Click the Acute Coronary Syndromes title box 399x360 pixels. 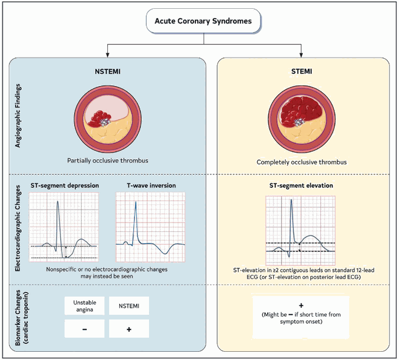[x=204, y=21]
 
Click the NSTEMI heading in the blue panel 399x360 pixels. [x=107, y=72]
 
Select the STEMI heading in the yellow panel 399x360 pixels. [x=302, y=72]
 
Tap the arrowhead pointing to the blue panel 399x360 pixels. [x=107, y=55]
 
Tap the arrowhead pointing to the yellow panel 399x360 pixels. [x=301, y=55]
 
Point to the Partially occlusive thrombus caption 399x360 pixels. [x=107, y=161]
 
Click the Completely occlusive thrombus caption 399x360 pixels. [x=302, y=162]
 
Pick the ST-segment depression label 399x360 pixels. [x=65, y=186]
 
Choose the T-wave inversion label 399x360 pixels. [x=151, y=186]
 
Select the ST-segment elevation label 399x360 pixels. [x=301, y=186]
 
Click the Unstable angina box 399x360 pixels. [x=84, y=306]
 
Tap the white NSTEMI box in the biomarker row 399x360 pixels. [x=129, y=306]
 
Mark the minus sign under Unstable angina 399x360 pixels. [x=84, y=329]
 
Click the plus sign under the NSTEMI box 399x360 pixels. [x=129, y=329]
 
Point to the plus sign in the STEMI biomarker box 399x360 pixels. [x=301, y=305]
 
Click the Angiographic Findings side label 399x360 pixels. [x=18, y=116]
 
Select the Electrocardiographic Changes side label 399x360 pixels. [x=18, y=228]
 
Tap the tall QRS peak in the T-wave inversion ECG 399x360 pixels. [x=136, y=203]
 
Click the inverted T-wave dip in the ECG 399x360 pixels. [x=165, y=253]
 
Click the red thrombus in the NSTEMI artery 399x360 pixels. [x=100, y=119]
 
